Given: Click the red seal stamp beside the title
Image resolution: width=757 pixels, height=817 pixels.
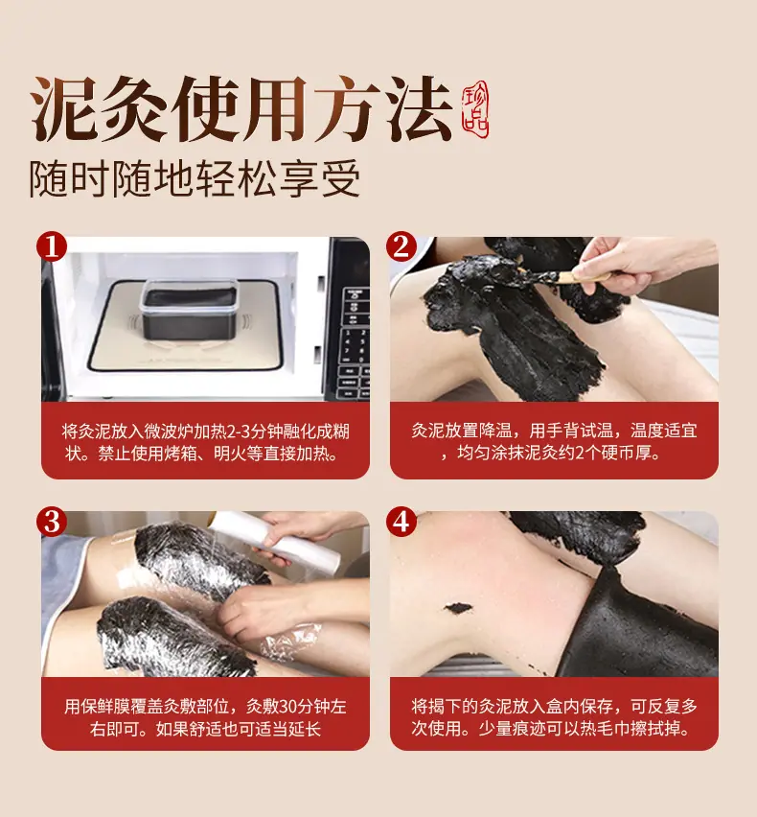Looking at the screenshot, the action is [475, 109].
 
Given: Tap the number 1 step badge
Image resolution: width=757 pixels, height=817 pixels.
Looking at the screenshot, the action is [52, 247].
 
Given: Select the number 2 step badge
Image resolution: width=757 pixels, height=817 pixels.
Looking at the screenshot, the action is [401, 247].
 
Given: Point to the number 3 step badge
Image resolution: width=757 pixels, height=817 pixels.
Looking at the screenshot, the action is [52, 521].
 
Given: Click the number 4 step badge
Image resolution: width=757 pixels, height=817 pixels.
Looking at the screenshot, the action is [401, 521].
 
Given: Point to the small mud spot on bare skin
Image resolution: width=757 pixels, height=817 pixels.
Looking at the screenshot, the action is [458, 608].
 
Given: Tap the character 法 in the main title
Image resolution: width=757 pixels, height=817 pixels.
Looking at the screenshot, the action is [419, 108].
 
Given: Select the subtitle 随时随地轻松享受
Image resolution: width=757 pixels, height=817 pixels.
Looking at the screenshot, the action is [195, 178].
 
